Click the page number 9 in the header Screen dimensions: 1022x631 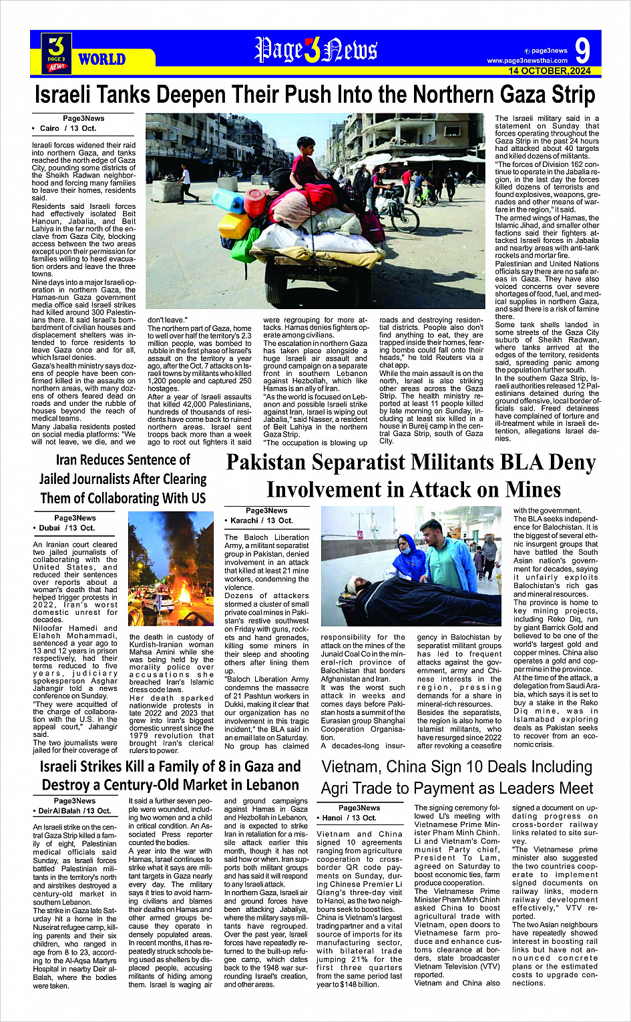coord(582,50)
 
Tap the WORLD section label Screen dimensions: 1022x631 coord(101,59)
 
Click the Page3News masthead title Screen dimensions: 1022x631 coord(316,50)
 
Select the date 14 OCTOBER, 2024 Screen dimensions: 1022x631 coord(550,71)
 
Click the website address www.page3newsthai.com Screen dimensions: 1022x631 coord(527,61)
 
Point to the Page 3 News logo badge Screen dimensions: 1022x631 coord(57,53)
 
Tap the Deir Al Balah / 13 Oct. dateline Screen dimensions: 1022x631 coord(75,811)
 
